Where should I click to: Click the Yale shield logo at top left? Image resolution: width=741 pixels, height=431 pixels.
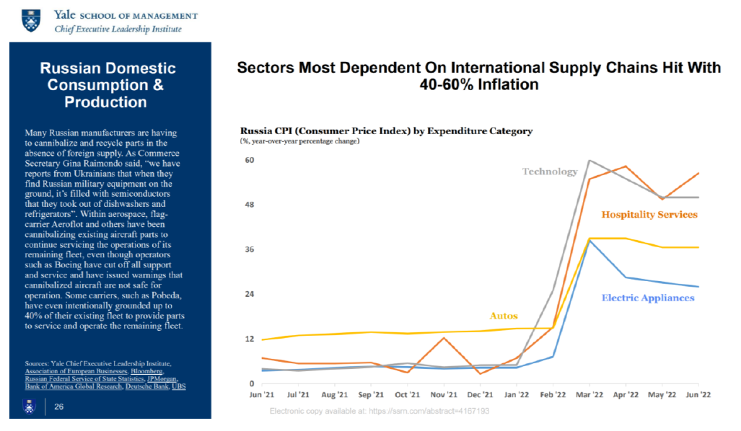31,21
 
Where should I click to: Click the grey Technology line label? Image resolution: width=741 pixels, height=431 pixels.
550,172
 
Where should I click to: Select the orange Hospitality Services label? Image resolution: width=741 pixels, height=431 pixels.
649,215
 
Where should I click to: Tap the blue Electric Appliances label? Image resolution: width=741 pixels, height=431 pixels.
648,298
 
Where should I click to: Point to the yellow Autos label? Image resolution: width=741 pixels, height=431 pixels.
504,316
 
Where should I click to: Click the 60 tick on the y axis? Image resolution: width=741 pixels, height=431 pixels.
249,160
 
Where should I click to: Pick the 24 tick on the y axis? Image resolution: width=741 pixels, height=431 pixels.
249,294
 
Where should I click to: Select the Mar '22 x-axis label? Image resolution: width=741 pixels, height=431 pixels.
589,395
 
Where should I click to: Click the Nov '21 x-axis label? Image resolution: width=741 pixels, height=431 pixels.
444,395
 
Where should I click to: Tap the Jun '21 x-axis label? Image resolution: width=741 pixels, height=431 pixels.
262,395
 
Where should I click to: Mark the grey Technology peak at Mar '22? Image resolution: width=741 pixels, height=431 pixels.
589,161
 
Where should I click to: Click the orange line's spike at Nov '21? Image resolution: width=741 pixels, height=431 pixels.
444,338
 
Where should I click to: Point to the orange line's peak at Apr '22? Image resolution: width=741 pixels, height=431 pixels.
626,166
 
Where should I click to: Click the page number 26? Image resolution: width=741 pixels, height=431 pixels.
58,406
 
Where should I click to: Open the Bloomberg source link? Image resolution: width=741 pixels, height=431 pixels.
146,371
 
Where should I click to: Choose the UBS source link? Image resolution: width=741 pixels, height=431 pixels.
179,386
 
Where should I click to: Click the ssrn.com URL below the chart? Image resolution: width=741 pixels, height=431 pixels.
429,411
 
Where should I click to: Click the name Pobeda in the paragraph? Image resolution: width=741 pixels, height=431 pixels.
168,296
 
